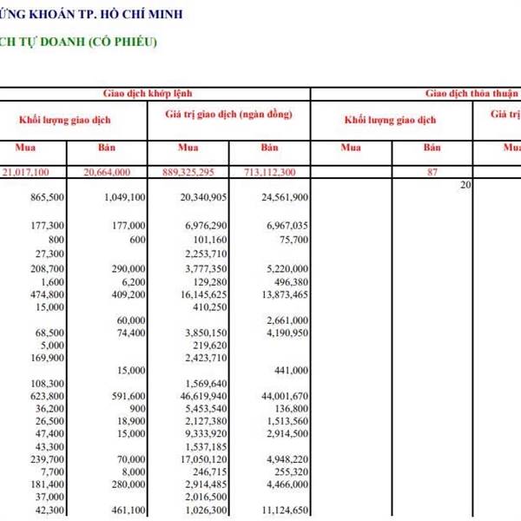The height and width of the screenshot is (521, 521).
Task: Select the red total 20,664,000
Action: click(x=119, y=172)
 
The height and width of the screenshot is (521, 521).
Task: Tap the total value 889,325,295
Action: click(x=195, y=172)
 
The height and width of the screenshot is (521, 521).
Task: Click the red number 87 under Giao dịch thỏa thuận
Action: click(x=432, y=172)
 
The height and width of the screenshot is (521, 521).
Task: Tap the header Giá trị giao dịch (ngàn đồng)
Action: click(x=228, y=115)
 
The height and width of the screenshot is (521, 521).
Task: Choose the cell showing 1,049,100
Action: click(x=124, y=198)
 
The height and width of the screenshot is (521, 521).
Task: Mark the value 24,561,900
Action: click(x=285, y=198)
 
